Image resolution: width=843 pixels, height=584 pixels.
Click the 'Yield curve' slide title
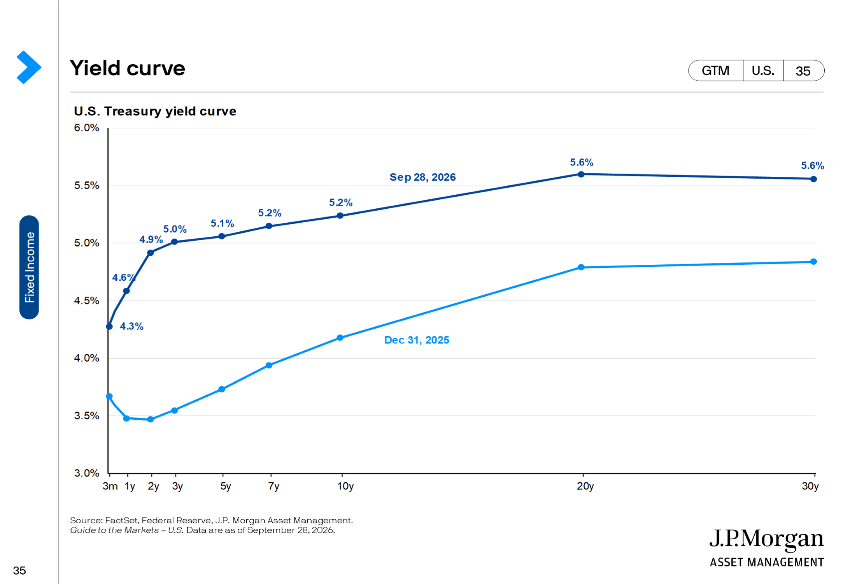click(127, 68)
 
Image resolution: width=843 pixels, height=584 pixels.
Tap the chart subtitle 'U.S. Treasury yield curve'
click(155, 111)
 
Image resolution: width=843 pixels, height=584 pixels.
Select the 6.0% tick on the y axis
click(86, 128)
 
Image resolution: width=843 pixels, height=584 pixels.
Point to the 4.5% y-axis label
click(86, 301)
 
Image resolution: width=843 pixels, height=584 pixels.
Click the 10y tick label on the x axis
click(345, 486)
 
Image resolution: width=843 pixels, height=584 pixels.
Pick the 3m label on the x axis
click(110, 486)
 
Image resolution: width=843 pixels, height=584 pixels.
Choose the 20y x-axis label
click(585, 486)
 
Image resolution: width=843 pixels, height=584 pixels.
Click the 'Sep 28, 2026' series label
click(422, 177)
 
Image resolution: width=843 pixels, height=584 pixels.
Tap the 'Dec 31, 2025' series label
click(417, 340)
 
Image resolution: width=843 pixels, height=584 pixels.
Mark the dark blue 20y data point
click(581, 174)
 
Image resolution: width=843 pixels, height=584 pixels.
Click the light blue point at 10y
click(340, 338)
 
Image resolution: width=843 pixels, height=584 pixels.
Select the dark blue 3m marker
click(109, 326)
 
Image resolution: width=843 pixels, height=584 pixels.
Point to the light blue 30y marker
click(813, 262)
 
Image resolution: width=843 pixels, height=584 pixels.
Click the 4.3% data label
click(131, 326)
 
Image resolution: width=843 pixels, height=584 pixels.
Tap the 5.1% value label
click(222, 223)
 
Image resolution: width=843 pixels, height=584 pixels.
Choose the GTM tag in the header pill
click(715, 70)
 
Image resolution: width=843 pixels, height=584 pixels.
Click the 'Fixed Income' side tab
click(29, 267)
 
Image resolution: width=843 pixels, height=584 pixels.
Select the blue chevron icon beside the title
click(29, 67)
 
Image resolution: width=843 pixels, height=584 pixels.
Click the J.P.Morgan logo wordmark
click(766, 539)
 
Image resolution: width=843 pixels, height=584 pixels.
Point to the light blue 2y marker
click(151, 419)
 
